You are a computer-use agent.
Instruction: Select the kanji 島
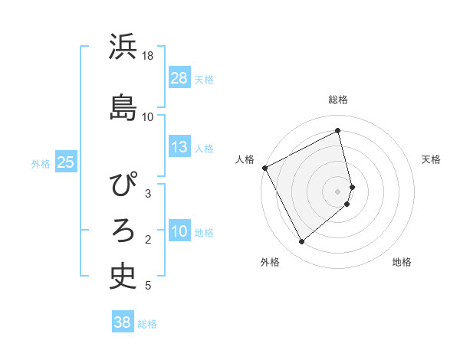[x=123, y=106]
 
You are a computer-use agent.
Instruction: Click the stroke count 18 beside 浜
[x=148, y=56]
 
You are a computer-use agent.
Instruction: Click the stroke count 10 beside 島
[x=148, y=117]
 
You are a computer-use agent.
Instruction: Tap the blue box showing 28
[x=179, y=78]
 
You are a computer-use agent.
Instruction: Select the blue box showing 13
[x=179, y=147]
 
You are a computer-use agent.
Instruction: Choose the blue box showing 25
[x=65, y=162]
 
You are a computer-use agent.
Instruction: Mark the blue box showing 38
[x=123, y=322]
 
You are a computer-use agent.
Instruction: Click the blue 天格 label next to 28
[x=204, y=79]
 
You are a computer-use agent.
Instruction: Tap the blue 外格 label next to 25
[x=41, y=163]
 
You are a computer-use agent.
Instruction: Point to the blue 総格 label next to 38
[x=147, y=324]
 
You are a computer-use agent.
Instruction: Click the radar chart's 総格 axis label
[x=338, y=100]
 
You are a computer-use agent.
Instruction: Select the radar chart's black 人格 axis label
[x=245, y=159]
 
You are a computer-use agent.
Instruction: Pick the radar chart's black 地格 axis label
[x=402, y=262]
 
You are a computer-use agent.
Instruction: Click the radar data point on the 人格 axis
[x=264, y=168]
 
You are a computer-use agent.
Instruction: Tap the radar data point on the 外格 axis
[x=301, y=241]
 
